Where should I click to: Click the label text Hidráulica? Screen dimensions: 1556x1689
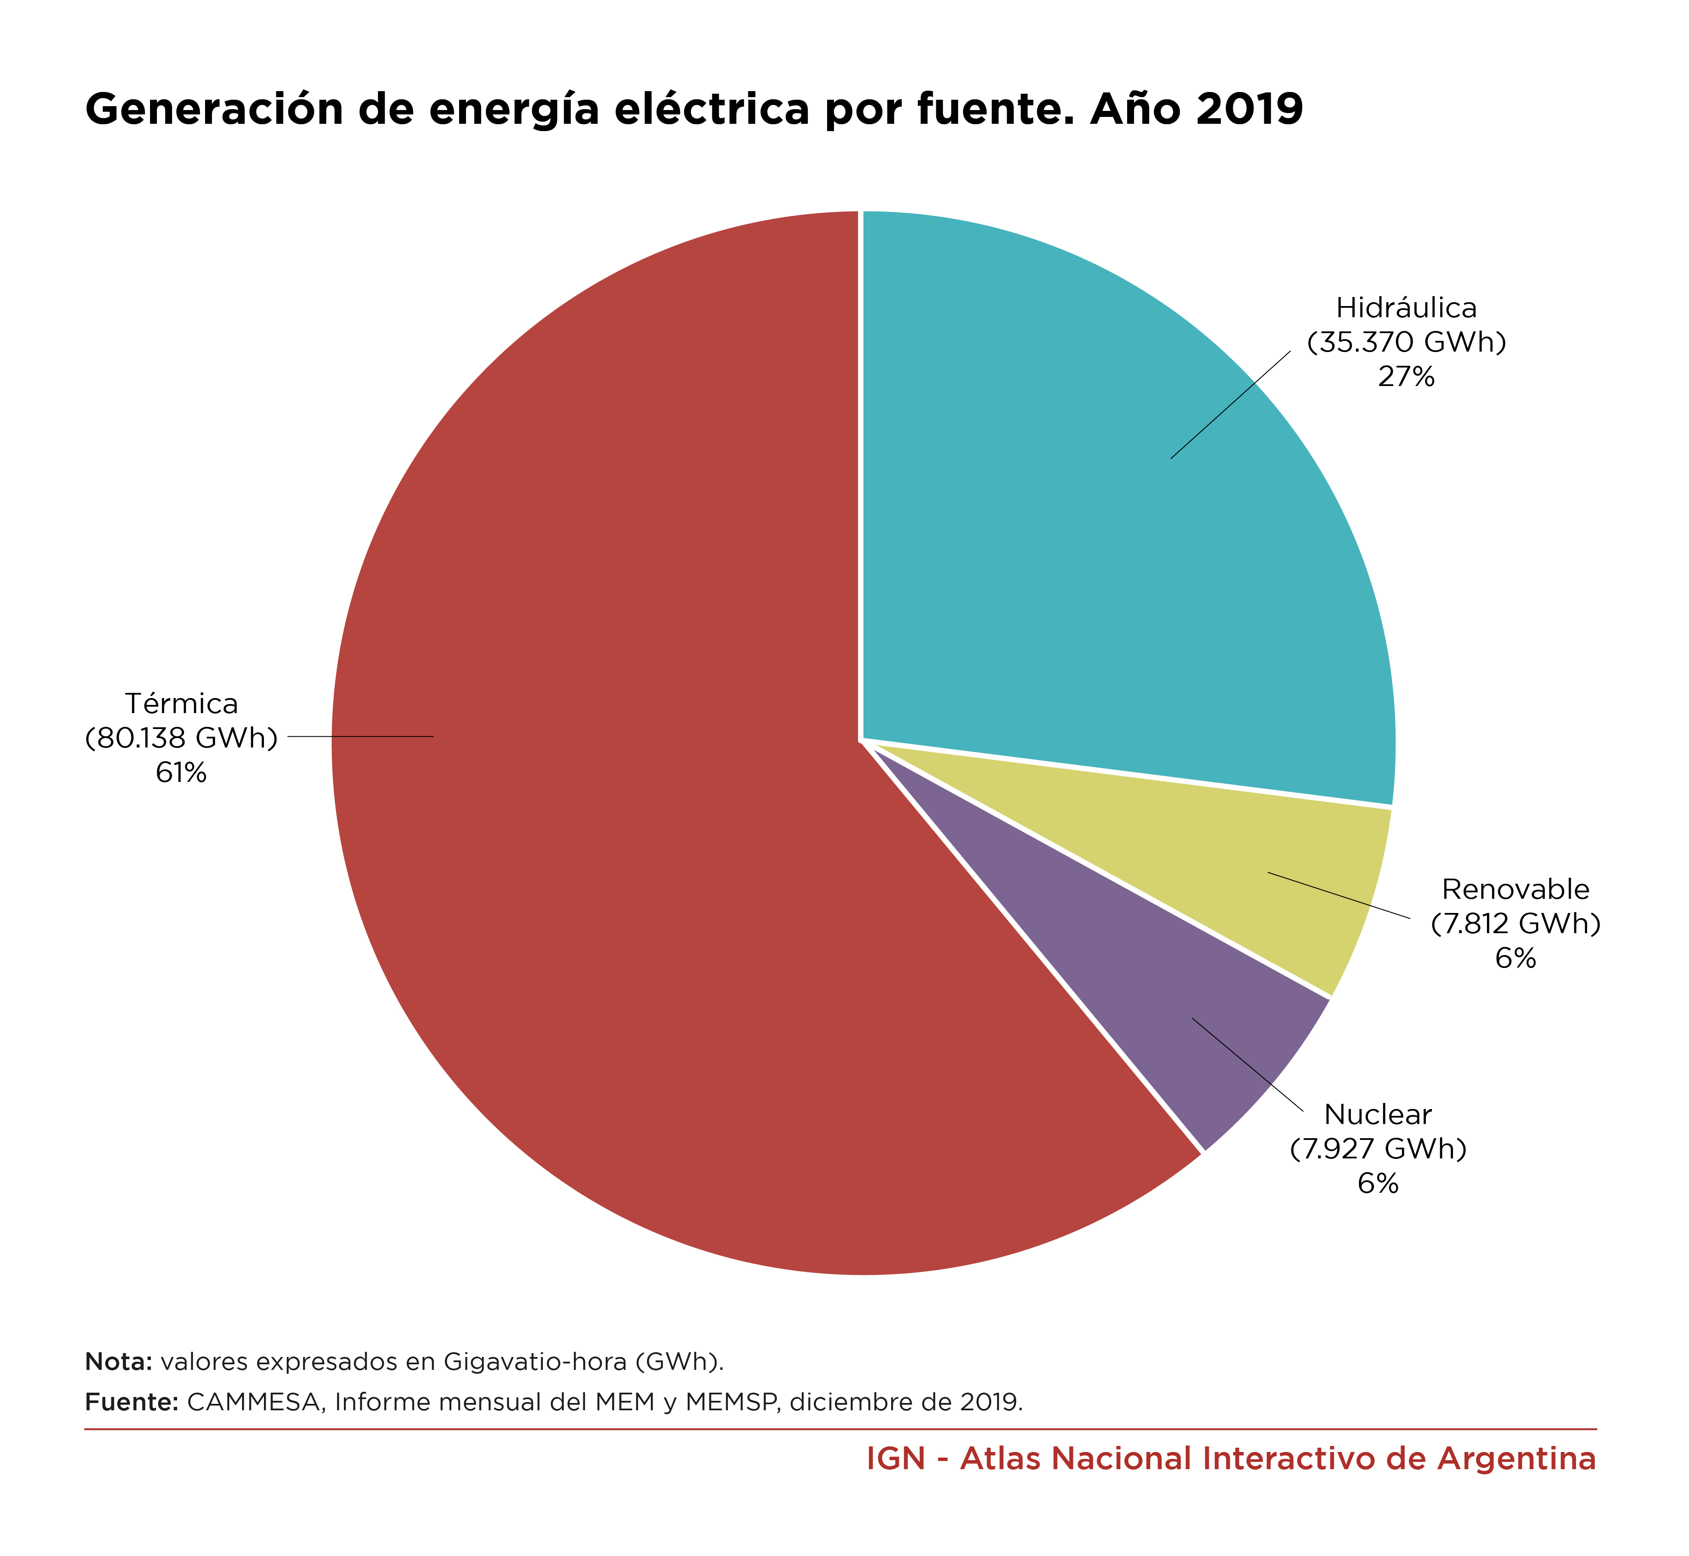click(1406, 308)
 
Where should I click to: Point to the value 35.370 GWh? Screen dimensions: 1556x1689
click(1406, 343)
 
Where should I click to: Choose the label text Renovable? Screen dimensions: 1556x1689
click(1516, 889)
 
